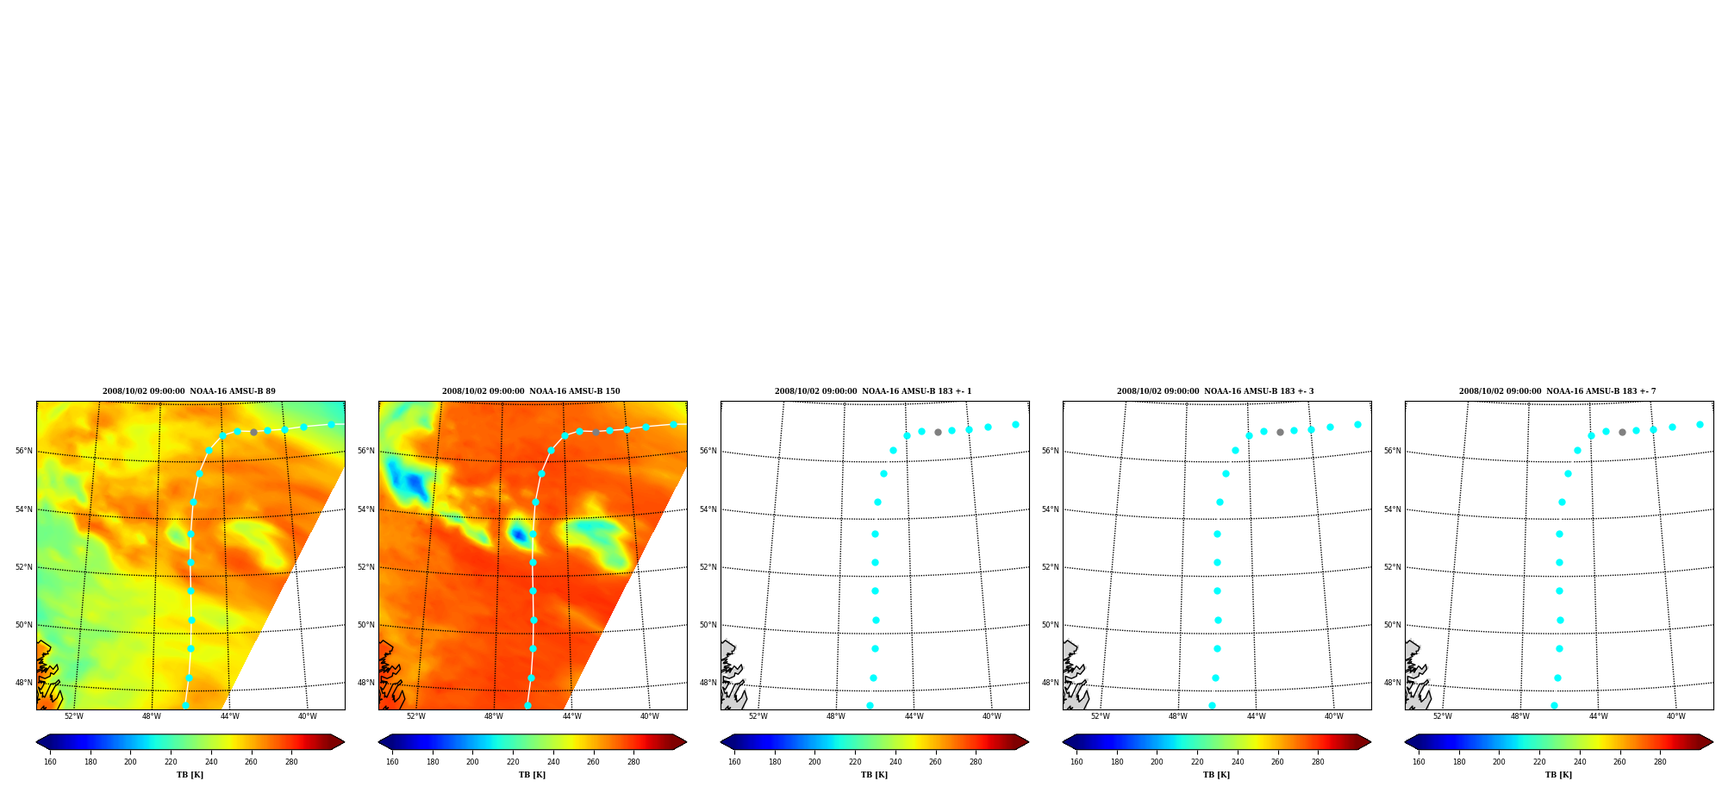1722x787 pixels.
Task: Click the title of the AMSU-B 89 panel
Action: coord(189,391)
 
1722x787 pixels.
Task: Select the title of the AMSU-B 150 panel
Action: coord(531,391)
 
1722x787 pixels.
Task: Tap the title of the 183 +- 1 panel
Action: coord(873,391)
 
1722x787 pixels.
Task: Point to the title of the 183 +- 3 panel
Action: coord(1215,391)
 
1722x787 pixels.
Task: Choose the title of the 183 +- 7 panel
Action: coord(1557,391)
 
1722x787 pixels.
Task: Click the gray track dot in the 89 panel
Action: coord(253,432)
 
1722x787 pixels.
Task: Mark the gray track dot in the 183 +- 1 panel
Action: coord(938,432)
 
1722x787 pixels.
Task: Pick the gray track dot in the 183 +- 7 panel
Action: coord(1622,432)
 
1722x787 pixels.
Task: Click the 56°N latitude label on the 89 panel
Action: coord(24,451)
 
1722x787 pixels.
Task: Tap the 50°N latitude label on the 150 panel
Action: coord(366,625)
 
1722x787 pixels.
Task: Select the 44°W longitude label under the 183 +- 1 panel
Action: coord(914,716)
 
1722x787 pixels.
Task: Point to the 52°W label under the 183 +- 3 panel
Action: coord(1100,716)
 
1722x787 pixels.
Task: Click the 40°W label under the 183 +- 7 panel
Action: coord(1675,716)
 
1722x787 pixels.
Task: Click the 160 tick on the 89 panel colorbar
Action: coord(50,762)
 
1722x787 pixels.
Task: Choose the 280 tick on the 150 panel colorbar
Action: coord(633,762)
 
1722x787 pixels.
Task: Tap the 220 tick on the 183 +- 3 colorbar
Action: coord(1197,762)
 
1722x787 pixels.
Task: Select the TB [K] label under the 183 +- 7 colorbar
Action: coord(1558,775)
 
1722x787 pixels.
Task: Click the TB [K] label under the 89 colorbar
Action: coord(190,775)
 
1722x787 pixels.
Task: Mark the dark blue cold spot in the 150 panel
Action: coord(519,535)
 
